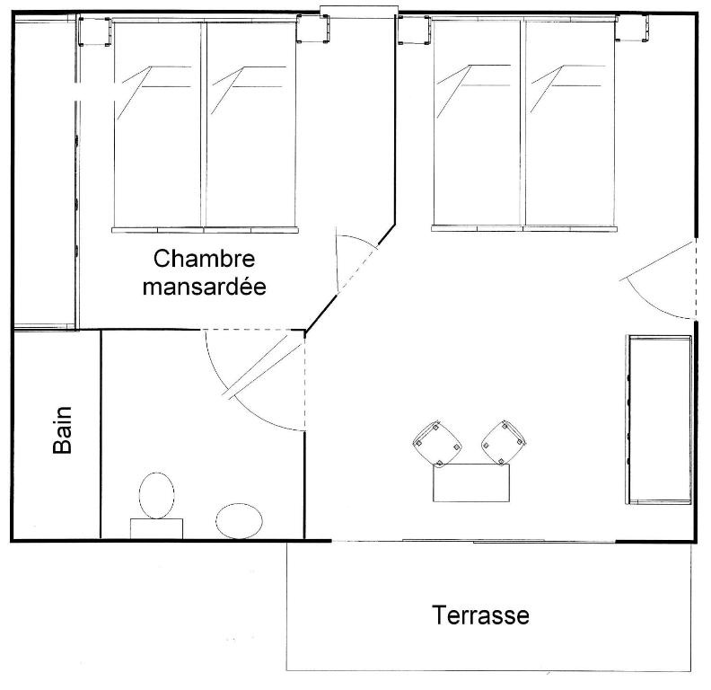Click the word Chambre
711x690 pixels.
click(204, 260)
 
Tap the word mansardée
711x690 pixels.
click(204, 287)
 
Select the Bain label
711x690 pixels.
click(63, 429)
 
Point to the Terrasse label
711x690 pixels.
click(480, 615)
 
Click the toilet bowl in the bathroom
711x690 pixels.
click(156, 496)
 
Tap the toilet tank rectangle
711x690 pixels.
click(156, 529)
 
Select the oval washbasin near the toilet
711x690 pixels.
click(240, 521)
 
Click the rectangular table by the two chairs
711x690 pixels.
click(471, 482)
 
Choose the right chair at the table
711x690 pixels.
click(504, 443)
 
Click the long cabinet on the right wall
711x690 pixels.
click(659, 420)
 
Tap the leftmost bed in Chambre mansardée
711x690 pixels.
click(158, 126)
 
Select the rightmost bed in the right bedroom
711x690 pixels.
click(571, 124)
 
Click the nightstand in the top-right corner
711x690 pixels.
click(631, 28)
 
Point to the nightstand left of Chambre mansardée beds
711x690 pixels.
click(95, 31)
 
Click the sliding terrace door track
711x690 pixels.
click(473, 541)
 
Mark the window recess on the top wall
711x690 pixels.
click(359, 13)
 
